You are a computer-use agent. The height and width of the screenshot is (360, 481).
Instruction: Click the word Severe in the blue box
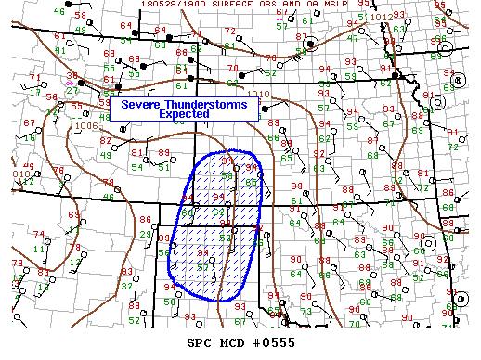(147, 105)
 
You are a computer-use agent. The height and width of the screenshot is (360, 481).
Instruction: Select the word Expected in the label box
(183, 114)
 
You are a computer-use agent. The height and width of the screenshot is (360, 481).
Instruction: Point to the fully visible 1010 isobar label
(259, 94)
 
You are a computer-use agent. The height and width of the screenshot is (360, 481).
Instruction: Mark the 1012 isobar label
(381, 17)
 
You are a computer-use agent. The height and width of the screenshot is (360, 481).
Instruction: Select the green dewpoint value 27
(71, 90)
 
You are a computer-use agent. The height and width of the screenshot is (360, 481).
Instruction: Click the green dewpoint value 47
(352, 38)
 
